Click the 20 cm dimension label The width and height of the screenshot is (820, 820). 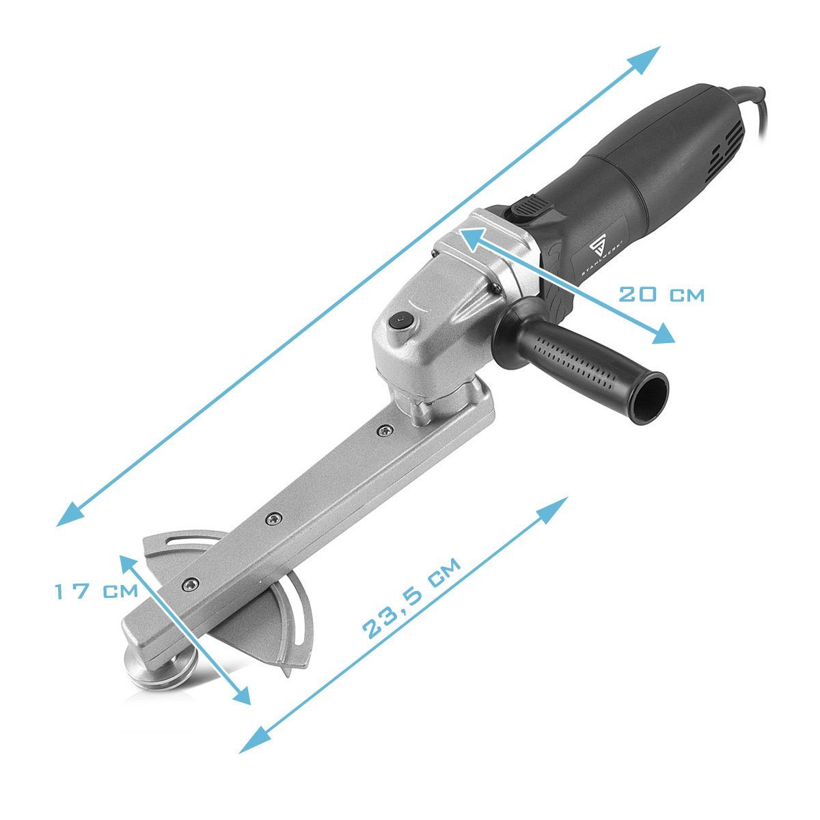(x=661, y=295)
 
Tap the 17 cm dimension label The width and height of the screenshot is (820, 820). (x=96, y=591)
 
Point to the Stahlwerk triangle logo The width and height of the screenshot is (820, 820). (x=597, y=247)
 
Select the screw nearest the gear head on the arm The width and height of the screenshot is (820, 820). (x=384, y=431)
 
